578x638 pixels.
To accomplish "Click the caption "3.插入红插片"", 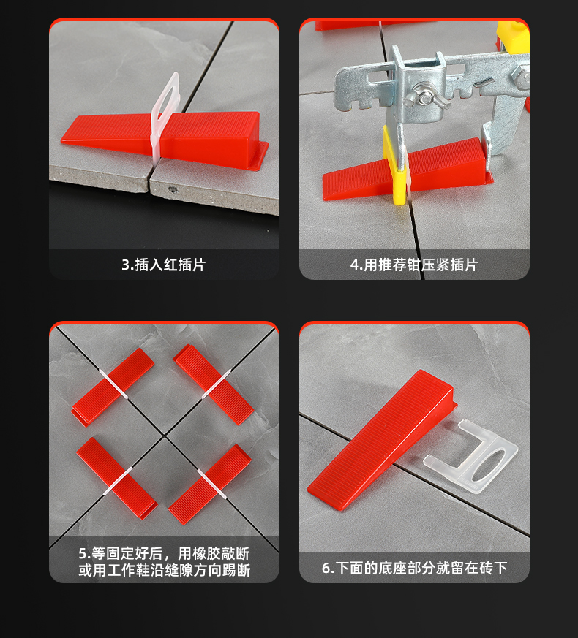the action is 164,265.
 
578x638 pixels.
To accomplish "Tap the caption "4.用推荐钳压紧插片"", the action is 414,265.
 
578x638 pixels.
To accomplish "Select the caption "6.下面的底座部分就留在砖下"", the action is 415,568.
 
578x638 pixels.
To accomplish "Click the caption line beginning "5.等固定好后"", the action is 164,553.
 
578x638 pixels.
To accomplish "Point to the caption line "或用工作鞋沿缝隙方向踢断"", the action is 164,571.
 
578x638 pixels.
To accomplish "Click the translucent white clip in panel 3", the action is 164,118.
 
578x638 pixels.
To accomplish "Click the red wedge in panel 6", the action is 381,439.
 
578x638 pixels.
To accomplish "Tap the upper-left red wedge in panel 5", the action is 113,387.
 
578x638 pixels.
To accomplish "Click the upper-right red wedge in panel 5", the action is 214,384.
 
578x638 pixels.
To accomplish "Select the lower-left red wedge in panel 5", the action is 117,478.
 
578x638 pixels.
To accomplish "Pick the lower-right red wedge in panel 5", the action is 210,485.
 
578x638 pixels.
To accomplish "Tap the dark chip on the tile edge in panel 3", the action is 173,189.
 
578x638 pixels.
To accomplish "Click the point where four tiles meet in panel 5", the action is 164,436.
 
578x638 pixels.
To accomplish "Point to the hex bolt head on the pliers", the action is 520,77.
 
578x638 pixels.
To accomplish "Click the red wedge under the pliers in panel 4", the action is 408,170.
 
